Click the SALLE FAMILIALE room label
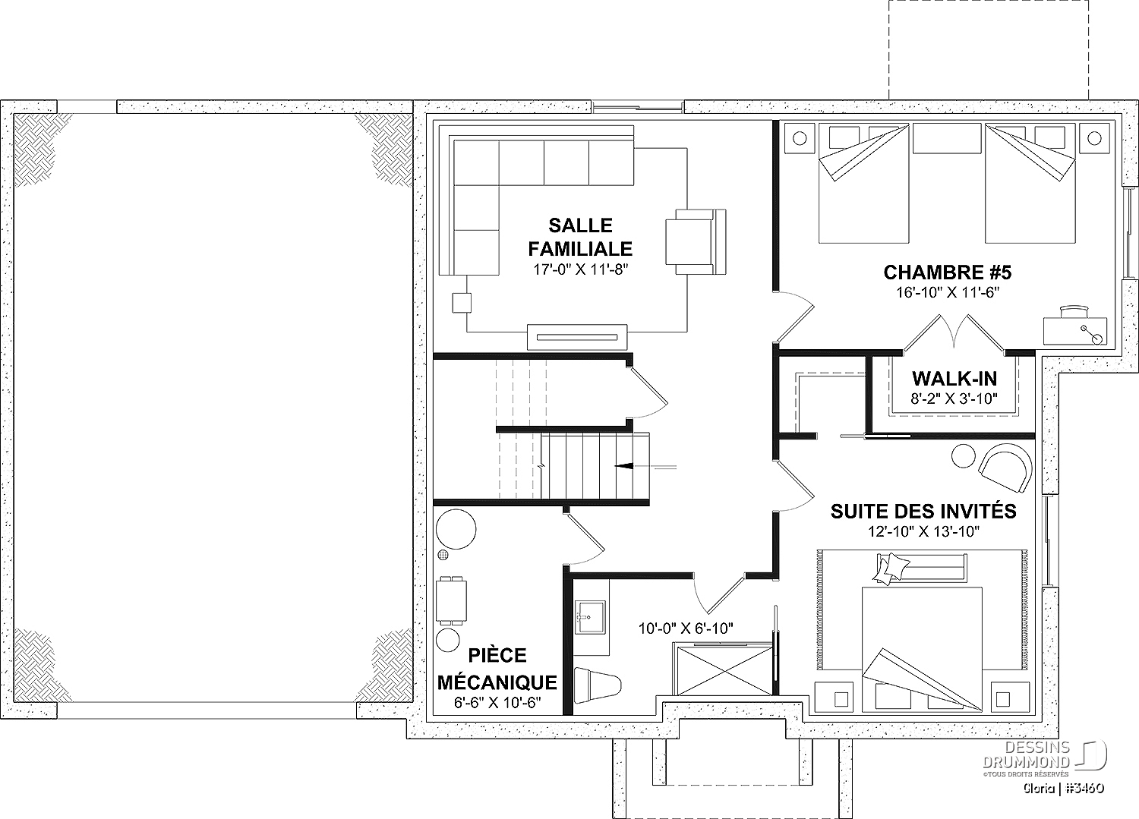tap(580, 237)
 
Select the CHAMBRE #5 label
tap(948, 272)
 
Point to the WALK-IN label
tap(954, 379)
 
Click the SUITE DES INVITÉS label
tap(923, 511)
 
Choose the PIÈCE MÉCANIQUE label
tap(497, 669)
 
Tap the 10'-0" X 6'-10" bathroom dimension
tap(686, 629)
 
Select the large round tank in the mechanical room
tap(456, 529)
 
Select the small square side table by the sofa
tap(462, 303)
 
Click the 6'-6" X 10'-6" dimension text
tap(497, 702)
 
